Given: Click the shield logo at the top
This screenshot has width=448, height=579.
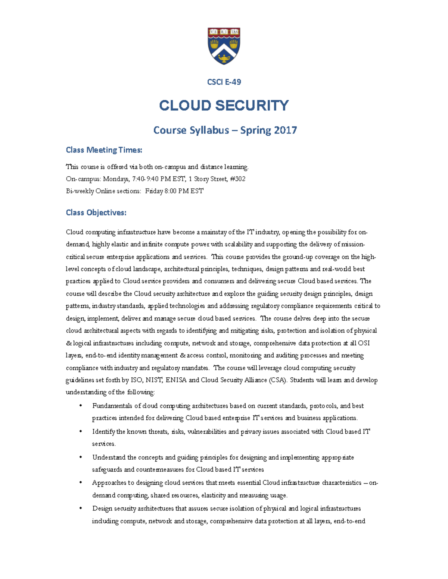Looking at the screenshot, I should point(224,45).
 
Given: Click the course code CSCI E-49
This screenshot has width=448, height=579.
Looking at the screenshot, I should point(224,82).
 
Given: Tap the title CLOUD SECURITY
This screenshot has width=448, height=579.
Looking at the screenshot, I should point(224,106).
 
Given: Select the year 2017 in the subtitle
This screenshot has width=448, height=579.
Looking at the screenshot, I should point(285,130).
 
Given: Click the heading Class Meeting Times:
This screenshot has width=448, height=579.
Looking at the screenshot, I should point(104,150).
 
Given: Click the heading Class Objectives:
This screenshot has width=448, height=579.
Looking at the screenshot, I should point(96,213).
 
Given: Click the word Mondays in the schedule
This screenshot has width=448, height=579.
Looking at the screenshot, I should point(116,179).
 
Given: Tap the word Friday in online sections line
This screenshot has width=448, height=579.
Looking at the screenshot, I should point(154,191).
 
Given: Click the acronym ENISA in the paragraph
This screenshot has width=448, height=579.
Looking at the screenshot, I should point(176,380).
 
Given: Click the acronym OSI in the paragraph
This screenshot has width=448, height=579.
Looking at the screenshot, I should point(364,343).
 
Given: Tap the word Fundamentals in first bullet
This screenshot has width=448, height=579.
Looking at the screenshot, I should point(112,406).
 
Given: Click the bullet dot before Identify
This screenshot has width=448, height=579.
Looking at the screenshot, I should point(80,431).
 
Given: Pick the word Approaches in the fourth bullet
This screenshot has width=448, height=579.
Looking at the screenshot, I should point(109,483).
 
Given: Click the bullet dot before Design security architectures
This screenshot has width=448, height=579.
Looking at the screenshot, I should point(80,509).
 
